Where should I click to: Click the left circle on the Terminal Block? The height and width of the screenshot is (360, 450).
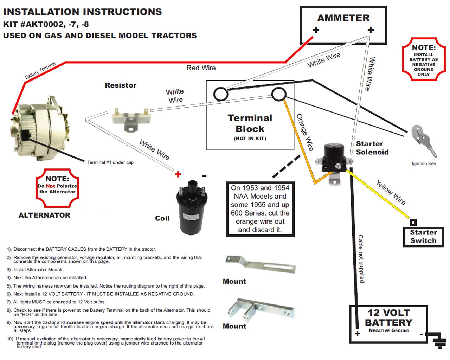221,94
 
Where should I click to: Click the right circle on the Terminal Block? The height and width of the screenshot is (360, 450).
279,94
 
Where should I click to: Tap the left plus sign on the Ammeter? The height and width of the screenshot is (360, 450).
316,30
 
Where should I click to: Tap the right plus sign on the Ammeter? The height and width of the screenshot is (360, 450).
371,30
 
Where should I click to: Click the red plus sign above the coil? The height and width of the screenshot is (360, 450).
178,174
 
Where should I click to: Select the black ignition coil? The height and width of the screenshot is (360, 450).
190,207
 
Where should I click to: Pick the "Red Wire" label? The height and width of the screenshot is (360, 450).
201,68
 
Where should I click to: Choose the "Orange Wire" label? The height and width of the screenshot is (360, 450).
304,132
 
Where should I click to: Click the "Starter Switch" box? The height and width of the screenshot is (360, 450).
423,237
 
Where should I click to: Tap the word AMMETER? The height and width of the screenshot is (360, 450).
343,18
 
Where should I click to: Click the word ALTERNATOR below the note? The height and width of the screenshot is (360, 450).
44,215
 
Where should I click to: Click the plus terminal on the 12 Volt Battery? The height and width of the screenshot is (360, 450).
358,333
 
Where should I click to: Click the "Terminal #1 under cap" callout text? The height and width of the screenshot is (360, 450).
110,162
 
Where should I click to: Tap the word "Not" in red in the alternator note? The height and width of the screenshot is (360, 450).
50,186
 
